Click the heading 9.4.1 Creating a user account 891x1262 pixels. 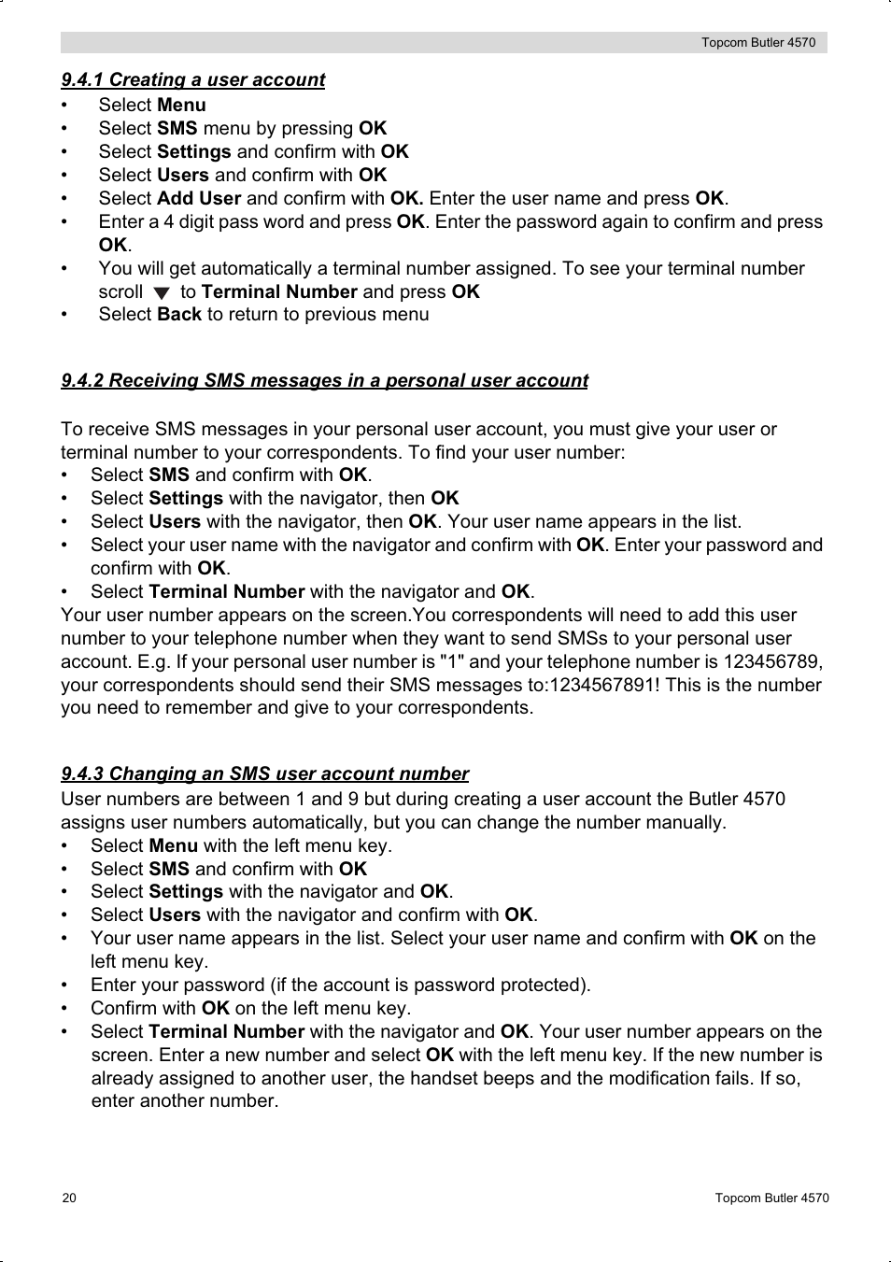click(x=192, y=80)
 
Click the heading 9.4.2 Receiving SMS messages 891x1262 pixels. click(x=324, y=380)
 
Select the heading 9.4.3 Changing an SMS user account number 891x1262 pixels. click(x=264, y=773)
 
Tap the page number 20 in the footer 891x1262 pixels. click(x=69, y=1198)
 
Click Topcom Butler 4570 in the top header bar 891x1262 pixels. click(x=758, y=43)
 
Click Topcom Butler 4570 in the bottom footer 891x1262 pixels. click(x=771, y=1198)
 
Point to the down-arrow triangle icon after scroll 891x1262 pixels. click(x=162, y=293)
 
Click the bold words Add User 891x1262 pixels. click(x=199, y=198)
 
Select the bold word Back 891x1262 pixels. click(x=179, y=315)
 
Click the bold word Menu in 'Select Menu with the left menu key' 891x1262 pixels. click(x=173, y=845)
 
